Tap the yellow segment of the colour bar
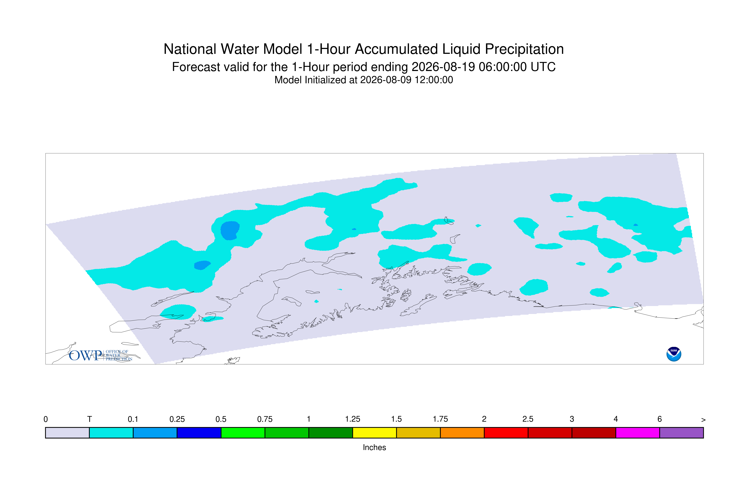(374, 433)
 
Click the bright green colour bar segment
(243, 433)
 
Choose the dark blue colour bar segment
(199, 433)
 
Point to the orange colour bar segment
(462, 433)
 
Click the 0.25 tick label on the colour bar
(177, 419)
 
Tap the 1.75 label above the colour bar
(440, 419)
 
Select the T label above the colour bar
(90, 419)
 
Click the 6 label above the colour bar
(659, 419)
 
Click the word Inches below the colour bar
(374, 447)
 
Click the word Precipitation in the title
(524, 49)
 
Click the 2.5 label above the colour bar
(528, 419)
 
